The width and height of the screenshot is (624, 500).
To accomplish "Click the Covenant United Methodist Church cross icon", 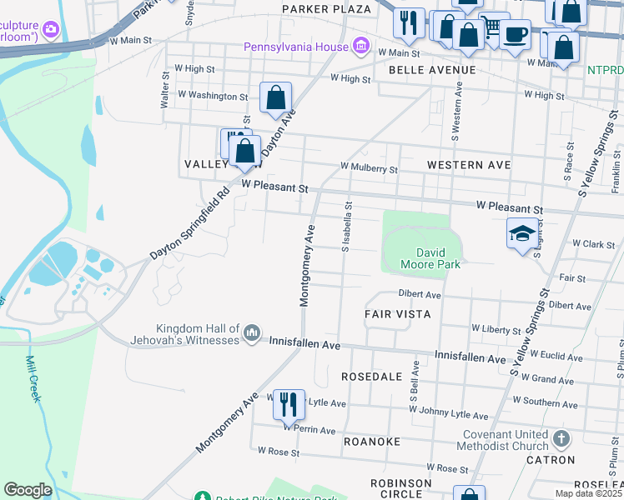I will click(x=561, y=438).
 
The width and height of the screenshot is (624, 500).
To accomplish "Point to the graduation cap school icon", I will click(x=522, y=232).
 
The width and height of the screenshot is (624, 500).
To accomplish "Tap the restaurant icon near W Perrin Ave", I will click(x=289, y=405).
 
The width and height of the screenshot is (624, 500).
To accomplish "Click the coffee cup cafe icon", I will click(x=516, y=35).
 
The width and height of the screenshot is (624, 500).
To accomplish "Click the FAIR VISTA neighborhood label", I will click(x=397, y=314).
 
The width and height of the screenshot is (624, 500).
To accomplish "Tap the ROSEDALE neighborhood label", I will click(x=373, y=377).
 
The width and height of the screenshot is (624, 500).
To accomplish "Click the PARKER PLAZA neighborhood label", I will click(x=326, y=9).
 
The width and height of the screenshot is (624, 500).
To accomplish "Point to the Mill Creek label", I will click(x=33, y=379).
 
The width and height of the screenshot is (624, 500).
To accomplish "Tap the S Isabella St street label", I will click(x=345, y=226).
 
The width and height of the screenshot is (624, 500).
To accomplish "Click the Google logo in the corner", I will click(x=28, y=490).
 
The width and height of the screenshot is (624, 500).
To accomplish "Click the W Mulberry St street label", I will click(x=369, y=168).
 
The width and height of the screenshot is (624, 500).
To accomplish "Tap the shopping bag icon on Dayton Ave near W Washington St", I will click(x=275, y=97).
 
